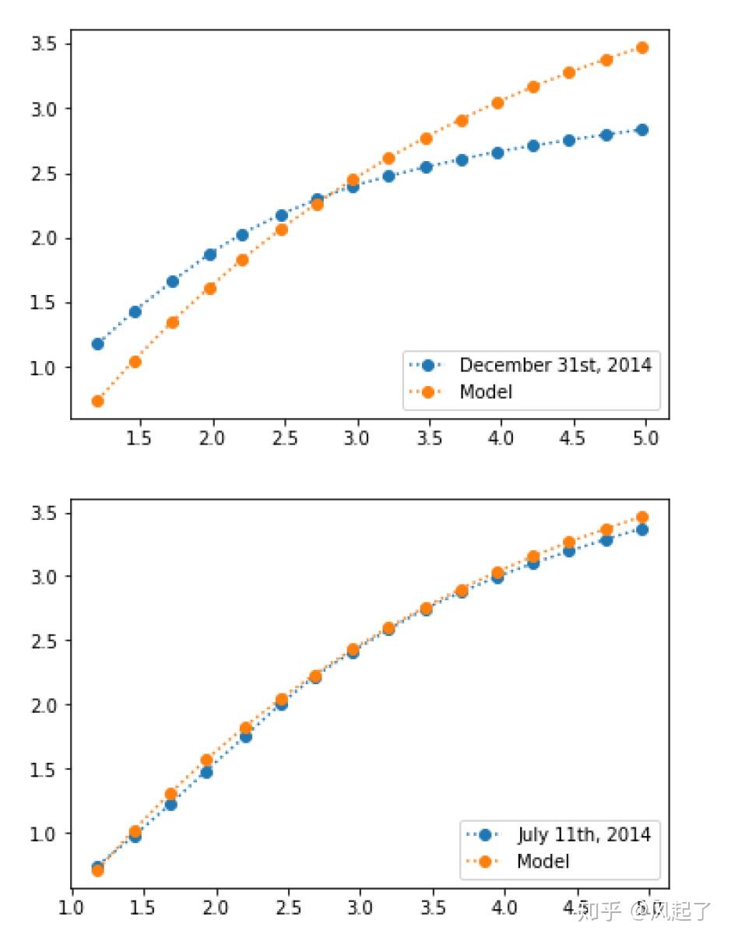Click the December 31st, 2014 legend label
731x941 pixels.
click(555, 364)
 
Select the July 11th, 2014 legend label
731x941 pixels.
click(584, 834)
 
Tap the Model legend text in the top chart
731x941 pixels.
click(486, 391)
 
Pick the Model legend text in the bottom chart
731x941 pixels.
click(543, 861)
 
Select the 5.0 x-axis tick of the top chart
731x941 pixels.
click(645, 438)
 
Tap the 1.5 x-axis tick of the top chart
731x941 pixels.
click(139, 438)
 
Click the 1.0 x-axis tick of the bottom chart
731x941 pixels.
click(72, 908)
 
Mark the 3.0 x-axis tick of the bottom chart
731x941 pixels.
click(360, 908)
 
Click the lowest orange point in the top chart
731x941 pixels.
click(97, 401)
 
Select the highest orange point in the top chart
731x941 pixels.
click(642, 47)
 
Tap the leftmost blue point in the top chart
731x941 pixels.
click(97, 343)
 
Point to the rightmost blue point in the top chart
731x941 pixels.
click(642, 130)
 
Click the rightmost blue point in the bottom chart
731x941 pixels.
click(642, 529)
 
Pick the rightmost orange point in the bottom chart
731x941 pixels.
click(642, 517)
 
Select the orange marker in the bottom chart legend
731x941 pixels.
click(484, 861)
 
